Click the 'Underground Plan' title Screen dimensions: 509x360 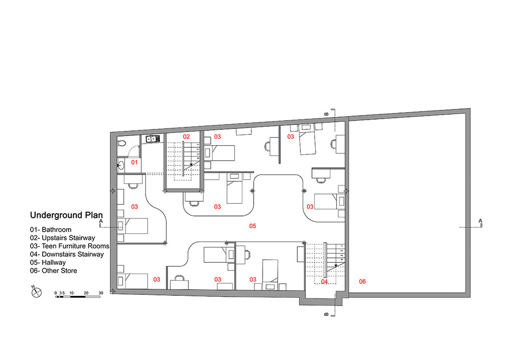click(x=66, y=215)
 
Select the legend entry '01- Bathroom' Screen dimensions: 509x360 click(x=50, y=230)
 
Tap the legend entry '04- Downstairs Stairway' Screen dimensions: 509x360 click(x=67, y=254)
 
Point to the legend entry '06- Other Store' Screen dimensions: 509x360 click(x=53, y=271)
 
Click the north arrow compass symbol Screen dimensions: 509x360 click(x=36, y=292)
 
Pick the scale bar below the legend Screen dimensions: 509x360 click(x=77, y=296)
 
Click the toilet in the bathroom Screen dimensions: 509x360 click(x=122, y=143)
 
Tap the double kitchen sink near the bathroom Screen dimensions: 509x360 click(x=151, y=139)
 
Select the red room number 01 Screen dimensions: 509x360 click(x=134, y=162)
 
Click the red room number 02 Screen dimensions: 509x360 click(x=186, y=136)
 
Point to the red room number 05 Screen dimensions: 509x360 click(x=252, y=226)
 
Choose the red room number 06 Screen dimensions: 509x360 click(x=362, y=282)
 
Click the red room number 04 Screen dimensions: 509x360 click(x=324, y=282)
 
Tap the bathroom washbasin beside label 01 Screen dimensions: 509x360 click(x=121, y=165)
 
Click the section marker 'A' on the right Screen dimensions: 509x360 click(x=480, y=221)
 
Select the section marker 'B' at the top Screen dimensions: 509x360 click(x=326, y=114)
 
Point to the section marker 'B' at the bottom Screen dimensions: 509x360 click(x=326, y=314)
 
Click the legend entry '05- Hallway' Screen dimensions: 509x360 click(x=48, y=262)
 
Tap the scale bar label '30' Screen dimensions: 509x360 click(x=101, y=293)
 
